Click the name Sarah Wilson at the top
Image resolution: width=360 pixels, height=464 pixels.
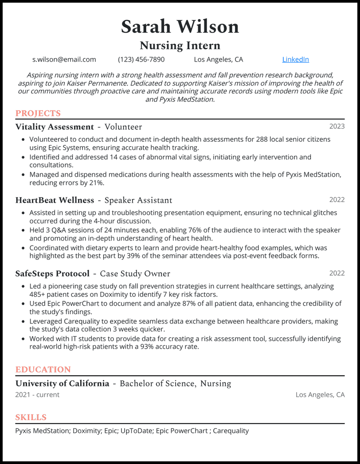point(180,27)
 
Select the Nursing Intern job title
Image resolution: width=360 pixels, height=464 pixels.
point(180,46)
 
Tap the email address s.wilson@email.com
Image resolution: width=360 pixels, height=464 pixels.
point(64,59)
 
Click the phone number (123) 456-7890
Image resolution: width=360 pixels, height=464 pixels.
point(141,59)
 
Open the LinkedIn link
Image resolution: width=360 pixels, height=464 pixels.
point(295,59)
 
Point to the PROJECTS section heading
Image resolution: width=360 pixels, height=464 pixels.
point(38,113)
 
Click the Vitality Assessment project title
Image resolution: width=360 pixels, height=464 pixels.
point(55,127)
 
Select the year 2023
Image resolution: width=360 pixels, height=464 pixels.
point(337,127)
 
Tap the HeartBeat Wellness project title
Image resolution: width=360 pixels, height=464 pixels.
point(55,200)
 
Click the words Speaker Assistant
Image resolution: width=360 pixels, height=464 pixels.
point(138,200)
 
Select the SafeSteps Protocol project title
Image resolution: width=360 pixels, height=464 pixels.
point(52,274)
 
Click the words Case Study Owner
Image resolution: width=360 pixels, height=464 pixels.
point(135,274)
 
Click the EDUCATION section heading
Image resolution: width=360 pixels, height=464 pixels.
point(43,370)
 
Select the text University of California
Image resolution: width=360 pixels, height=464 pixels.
point(62,383)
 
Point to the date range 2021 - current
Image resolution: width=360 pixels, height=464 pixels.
point(37,394)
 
